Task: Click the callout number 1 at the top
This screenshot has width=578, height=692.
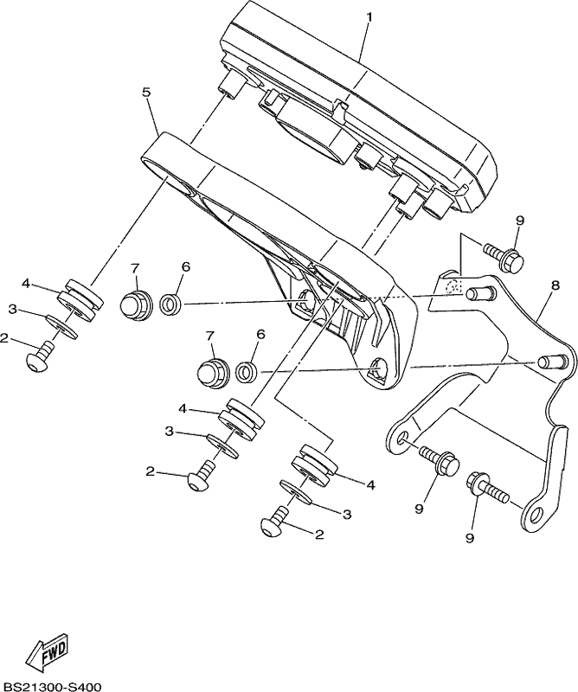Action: point(369,17)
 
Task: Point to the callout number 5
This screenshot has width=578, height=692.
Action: point(146,93)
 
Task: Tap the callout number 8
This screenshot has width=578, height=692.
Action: point(555,285)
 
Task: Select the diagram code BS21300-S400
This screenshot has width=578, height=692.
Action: point(51,687)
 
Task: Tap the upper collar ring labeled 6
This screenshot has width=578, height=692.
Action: point(170,304)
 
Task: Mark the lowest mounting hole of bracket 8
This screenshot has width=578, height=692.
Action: point(537,514)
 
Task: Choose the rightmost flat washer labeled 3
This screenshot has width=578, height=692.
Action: point(296,491)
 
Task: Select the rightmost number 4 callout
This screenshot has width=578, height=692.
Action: point(371,484)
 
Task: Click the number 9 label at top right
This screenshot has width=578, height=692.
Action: point(520,221)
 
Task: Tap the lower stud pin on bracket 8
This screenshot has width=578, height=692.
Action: point(552,361)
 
